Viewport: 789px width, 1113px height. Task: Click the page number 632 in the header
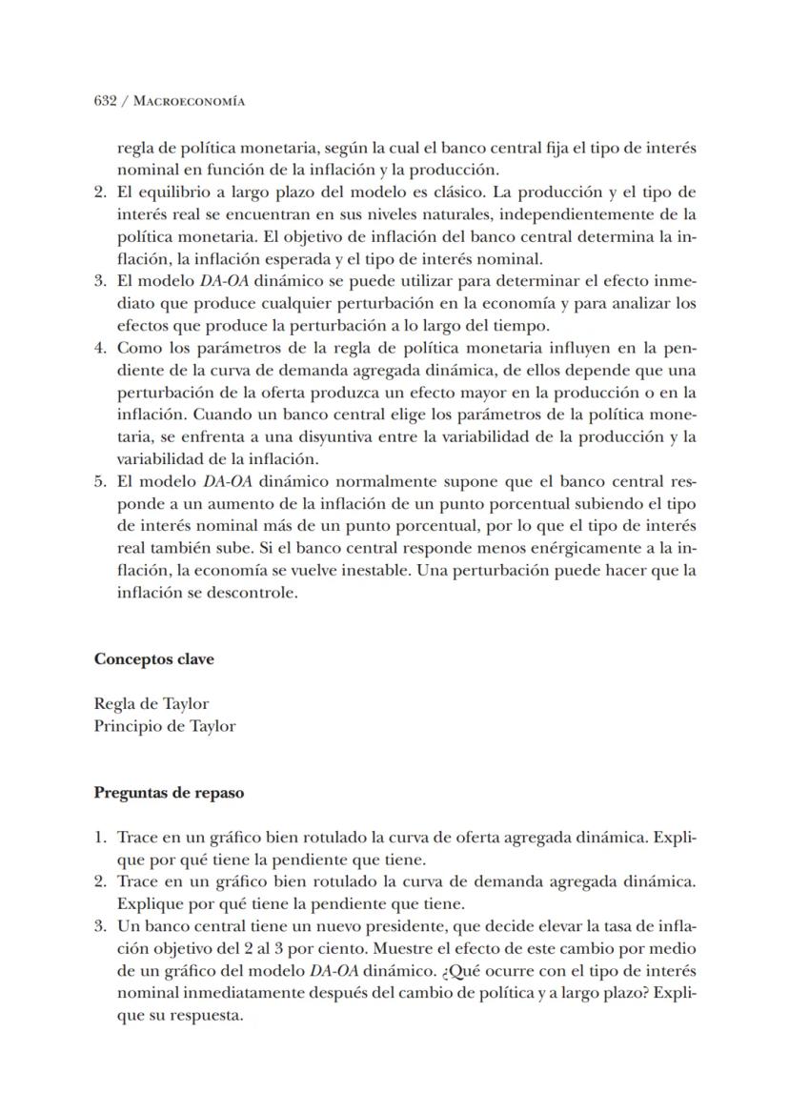click(x=105, y=101)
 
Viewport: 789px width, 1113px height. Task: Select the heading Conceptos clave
click(x=153, y=659)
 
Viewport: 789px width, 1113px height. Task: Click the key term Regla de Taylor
click(x=151, y=704)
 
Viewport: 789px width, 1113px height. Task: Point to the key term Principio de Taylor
click(x=164, y=726)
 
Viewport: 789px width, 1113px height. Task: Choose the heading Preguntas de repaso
click(x=168, y=793)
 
